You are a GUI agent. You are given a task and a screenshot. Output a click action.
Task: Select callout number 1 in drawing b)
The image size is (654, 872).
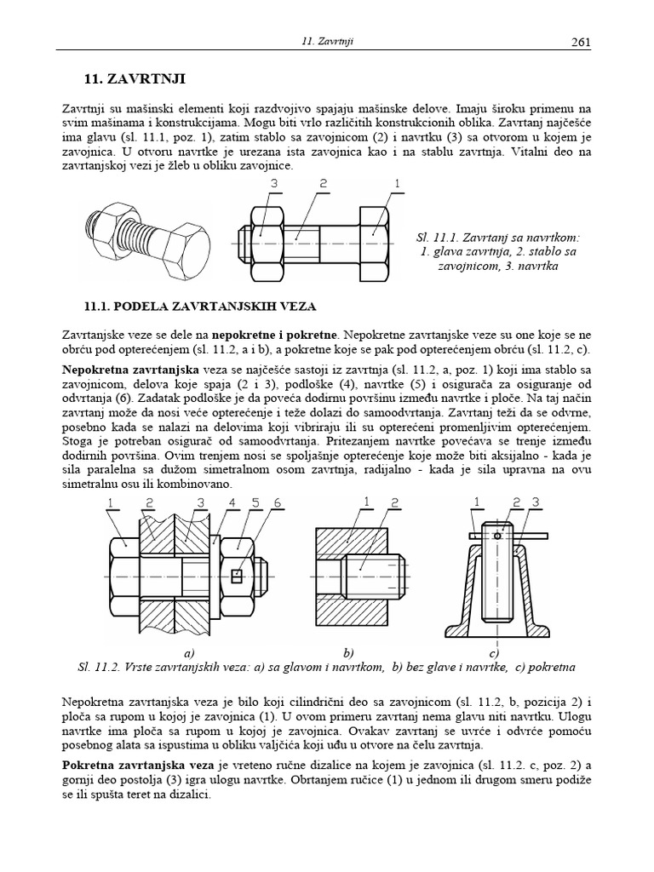(x=365, y=503)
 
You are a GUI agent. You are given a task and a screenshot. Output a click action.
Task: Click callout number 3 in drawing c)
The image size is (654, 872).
(x=535, y=503)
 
